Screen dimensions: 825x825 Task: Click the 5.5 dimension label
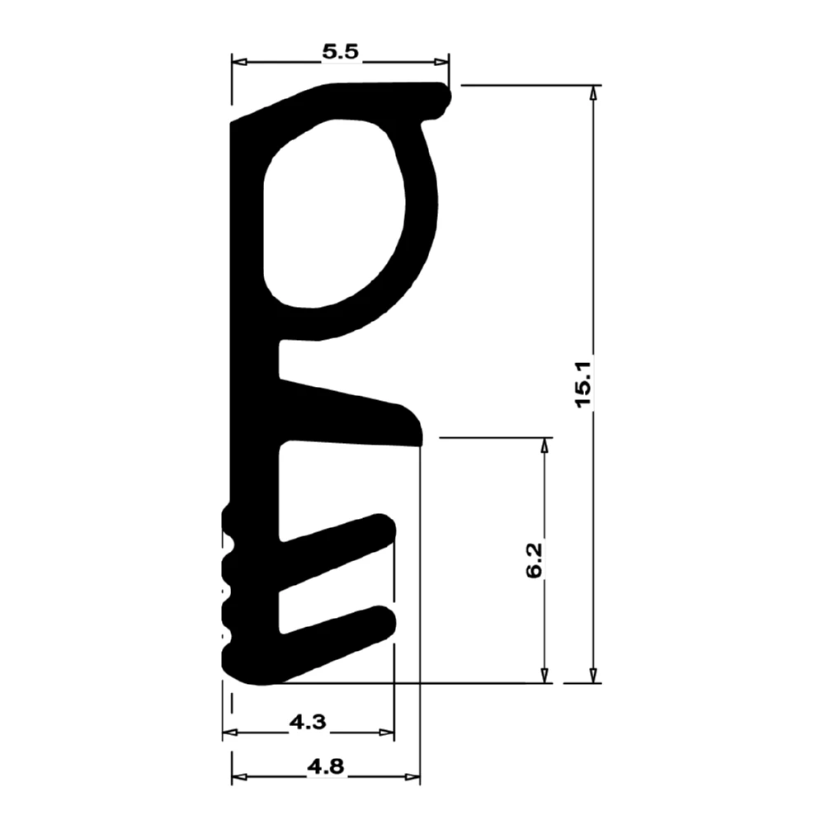pos(341,51)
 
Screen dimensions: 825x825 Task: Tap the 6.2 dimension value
pos(534,561)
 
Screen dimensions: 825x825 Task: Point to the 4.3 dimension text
pos(308,722)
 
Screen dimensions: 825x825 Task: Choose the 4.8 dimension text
pos(326,766)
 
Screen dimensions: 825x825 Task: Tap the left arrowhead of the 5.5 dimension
pos(239,62)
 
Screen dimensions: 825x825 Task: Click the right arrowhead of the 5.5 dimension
pos(441,62)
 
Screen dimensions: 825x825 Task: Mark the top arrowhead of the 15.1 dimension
pos(593,92)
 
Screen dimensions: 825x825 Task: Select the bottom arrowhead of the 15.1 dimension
pos(593,676)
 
